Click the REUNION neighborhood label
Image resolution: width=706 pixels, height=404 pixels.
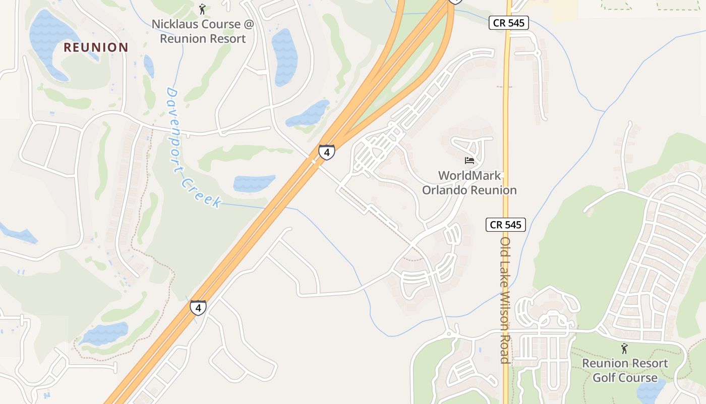[x=96, y=47]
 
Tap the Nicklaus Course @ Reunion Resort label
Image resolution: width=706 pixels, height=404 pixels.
[x=202, y=31]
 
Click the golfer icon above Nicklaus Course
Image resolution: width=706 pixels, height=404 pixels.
[x=202, y=9]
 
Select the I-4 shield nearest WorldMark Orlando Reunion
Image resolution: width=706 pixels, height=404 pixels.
[x=326, y=151]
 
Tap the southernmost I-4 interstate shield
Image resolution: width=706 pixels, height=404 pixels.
[x=198, y=307]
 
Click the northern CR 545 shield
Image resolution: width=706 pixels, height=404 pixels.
[x=508, y=23]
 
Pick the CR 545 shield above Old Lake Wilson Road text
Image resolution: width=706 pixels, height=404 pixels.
[x=506, y=225]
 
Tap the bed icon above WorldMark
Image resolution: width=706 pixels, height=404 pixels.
[x=469, y=161]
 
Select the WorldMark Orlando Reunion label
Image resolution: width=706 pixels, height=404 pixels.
[x=469, y=183]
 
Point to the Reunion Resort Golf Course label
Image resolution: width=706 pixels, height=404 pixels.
[x=625, y=370]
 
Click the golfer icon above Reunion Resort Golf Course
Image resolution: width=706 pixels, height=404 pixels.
[x=625, y=348]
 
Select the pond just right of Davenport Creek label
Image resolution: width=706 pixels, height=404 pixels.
[x=254, y=183]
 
